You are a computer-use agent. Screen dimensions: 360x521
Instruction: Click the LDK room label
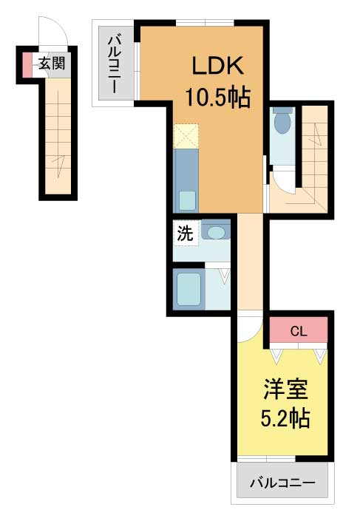click(x=218, y=66)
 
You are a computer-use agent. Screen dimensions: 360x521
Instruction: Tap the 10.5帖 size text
click(x=218, y=97)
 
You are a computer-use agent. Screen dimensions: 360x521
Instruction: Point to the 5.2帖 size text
click(x=285, y=418)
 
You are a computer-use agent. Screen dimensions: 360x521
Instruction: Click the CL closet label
click(x=299, y=331)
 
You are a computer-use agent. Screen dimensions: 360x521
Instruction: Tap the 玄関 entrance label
click(x=52, y=63)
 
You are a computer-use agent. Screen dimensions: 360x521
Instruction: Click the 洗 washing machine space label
click(x=185, y=233)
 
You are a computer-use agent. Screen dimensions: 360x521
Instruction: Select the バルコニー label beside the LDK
click(x=113, y=64)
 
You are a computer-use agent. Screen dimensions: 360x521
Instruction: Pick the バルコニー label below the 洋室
click(x=282, y=483)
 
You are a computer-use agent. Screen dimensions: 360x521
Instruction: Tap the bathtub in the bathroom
click(x=189, y=289)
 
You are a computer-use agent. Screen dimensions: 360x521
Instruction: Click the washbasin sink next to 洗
click(x=215, y=231)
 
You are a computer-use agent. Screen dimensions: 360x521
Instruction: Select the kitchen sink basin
click(x=187, y=201)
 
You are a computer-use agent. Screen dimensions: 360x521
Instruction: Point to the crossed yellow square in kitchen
click(x=186, y=136)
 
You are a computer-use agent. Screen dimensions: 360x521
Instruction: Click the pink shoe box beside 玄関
click(x=27, y=64)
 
